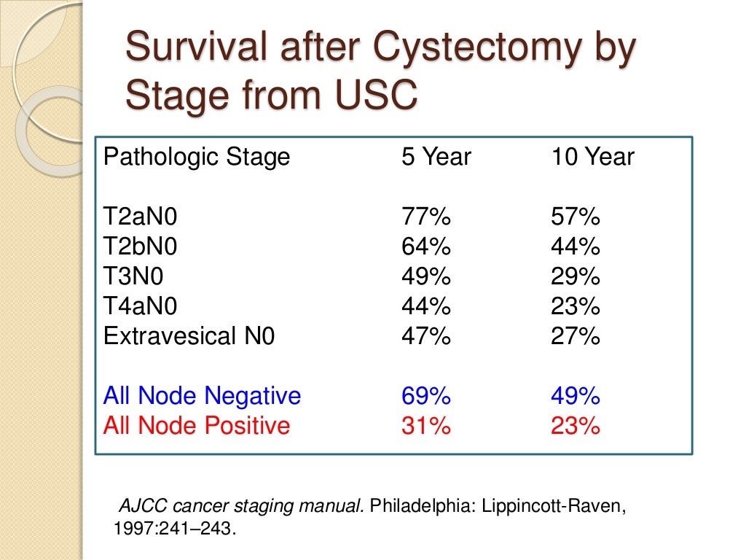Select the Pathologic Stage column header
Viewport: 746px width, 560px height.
pyautogui.click(x=197, y=157)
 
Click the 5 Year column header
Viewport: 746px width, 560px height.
pyautogui.click(x=436, y=157)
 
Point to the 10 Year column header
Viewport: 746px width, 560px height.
pyautogui.click(x=592, y=157)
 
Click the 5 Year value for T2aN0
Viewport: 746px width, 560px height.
pyautogui.click(x=426, y=217)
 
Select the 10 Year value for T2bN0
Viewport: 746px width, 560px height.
pyautogui.click(x=576, y=246)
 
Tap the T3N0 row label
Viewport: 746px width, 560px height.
pyautogui.click(x=133, y=276)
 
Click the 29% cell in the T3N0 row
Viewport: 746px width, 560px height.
pyautogui.click(x=576, y=276)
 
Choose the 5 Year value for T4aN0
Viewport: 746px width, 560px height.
pyautogui.click(x=426, y=306)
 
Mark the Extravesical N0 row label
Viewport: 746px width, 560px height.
pyautogui.click(x=189, y=336)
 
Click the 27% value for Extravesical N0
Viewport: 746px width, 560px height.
pyautogui.click(x=576, y=336)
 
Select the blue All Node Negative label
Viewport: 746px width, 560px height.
pyautogui.click(x=202, y=396)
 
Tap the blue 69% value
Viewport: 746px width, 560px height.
pyautogui.click(x=426, y=396)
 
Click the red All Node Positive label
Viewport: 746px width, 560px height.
pyautogui.click(x=197, y=425)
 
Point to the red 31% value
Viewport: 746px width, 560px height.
pyautogui.click(x=426, y=425)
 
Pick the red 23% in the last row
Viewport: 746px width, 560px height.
pyautogui.click(x=576, y=425)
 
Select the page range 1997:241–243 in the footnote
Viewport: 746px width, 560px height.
pyautogui.click(x=175, y=529)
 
